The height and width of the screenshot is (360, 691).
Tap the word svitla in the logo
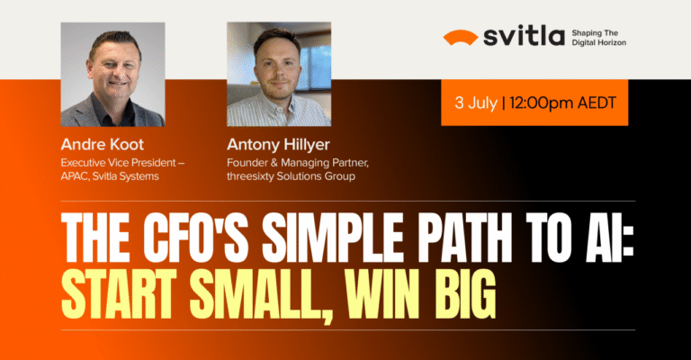(522, 37)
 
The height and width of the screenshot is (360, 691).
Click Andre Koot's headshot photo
(112, 75)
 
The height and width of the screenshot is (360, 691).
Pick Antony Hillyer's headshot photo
(279, 75)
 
